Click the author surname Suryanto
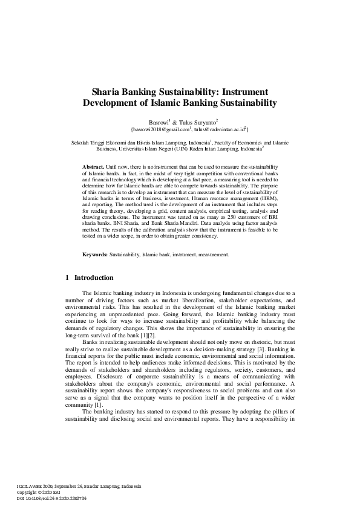203,121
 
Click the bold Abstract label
93,166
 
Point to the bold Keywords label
95,255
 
